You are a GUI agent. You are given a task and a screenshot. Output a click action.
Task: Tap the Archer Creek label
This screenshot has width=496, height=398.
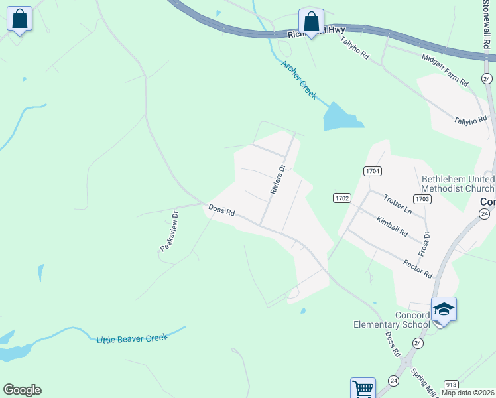tap(299, 80)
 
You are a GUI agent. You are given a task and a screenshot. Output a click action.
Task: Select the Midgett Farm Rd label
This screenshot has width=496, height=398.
tap(446, 70)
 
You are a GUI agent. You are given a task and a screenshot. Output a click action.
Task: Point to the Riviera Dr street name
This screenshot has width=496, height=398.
tap(277, 179)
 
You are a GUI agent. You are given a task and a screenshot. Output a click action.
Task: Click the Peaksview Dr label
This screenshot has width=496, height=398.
tap(170, 232)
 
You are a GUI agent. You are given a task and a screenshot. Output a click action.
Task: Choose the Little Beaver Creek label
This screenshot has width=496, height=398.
tap(133, 338)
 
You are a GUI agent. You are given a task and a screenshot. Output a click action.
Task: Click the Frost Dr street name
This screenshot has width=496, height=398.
tap(423, 244)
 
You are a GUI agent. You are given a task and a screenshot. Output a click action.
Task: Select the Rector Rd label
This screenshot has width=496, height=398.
tap(418, 269)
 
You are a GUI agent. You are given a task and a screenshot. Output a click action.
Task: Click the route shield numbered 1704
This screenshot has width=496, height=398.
tap(373, 171)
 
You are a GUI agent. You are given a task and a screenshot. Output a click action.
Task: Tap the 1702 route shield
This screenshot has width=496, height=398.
tap(341, 198)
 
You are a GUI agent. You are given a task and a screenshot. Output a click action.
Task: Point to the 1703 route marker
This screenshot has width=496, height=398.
tap(422, 198)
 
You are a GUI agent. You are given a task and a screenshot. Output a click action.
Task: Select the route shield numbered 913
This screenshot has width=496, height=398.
tap(452, 384)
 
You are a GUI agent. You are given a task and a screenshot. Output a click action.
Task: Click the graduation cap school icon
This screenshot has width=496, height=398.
tap(444, 309)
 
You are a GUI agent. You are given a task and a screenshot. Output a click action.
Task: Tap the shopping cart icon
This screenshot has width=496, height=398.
tap(363, 388)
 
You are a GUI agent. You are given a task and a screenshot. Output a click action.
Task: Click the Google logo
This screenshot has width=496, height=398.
tap(22, 390)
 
